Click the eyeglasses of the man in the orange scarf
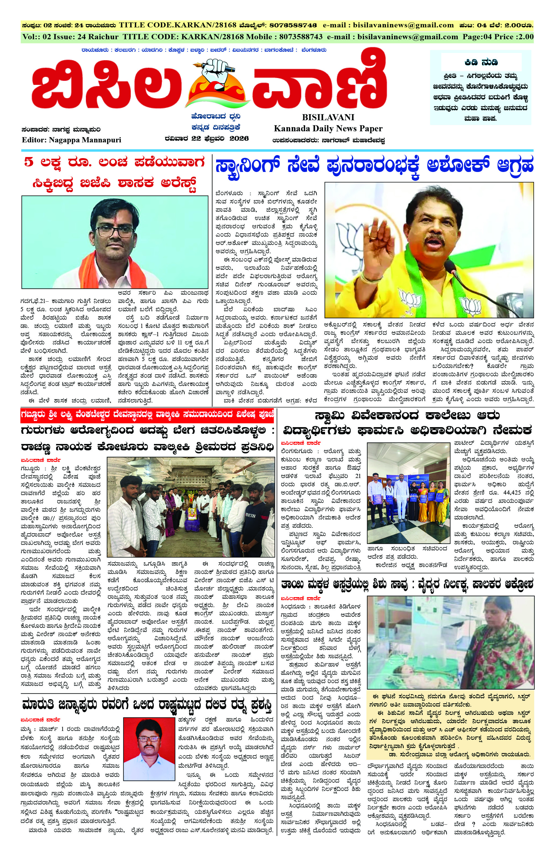(117, 231)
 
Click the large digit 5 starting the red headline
(28, 162)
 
